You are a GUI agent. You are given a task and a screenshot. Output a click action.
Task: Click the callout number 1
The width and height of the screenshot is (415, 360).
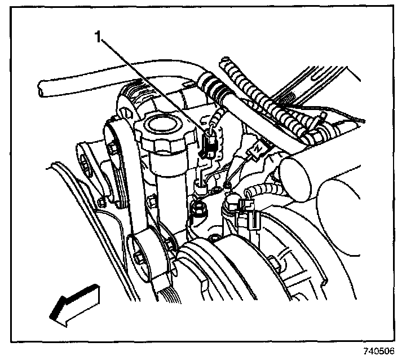(99, 39)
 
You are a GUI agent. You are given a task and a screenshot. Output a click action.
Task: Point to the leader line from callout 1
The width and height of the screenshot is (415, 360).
(152, 90)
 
